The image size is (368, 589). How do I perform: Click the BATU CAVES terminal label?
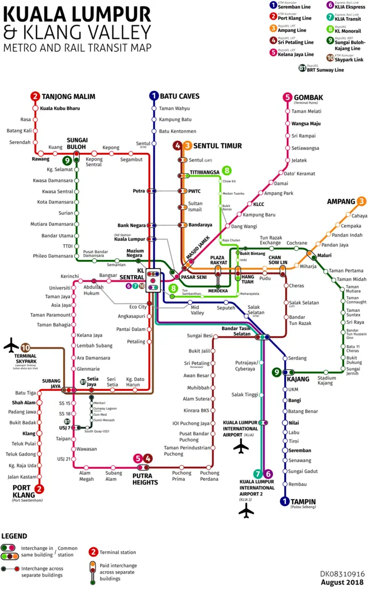pos(180,96)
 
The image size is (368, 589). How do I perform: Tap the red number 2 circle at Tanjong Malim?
pos(35,97)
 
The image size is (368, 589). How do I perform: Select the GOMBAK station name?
pos(308,97)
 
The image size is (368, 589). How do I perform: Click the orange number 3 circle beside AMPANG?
pos(361,202)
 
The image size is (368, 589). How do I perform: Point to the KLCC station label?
pos(259,204)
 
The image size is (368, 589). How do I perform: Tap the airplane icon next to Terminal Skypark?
pos(11,345)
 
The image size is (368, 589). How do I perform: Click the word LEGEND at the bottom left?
pos(15,536)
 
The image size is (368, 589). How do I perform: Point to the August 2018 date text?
pos(343,582)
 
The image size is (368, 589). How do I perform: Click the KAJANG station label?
pos(298,379)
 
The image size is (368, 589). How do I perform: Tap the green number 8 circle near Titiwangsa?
pos(227,171)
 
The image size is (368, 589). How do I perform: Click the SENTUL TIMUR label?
pos(218,146)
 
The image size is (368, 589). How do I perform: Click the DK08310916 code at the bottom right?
pos(342,572)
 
